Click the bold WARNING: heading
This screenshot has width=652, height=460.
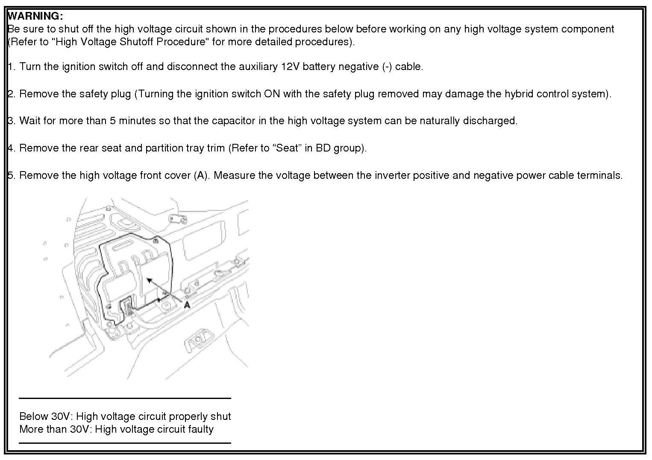coord(35,16)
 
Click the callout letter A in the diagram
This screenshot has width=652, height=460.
coord(187,305)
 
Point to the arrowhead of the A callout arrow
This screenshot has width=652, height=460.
coord(149,280)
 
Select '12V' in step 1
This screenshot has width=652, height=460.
coord(291,67)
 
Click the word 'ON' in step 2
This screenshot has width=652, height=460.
coord(272,94)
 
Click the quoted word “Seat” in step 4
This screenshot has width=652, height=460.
coord(287,148)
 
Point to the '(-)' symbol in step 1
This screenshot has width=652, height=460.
coord(387,67)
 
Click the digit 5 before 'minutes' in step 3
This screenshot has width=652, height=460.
coord(113,121)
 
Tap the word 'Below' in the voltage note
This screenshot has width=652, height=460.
coord(33,416)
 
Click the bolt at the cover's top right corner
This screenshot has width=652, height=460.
coord(156,241)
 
